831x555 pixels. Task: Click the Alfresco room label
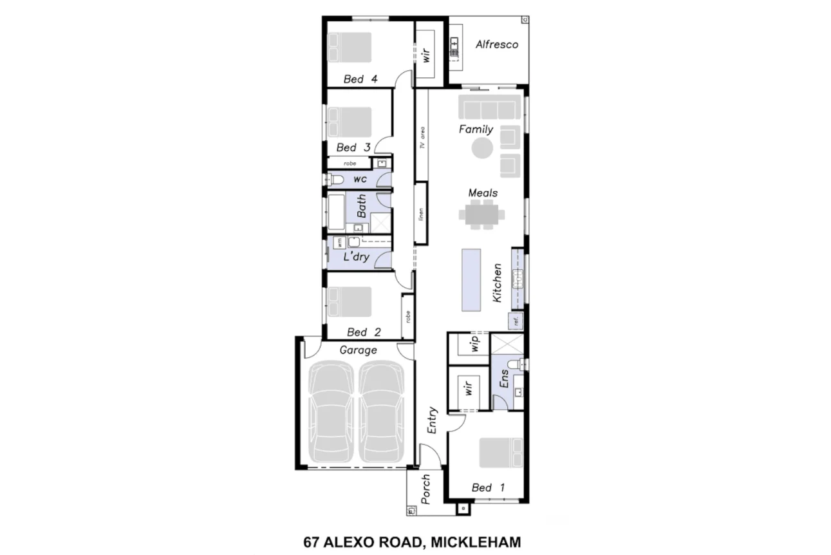click(x=496, y=44)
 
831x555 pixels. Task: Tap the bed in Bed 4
click(x=351, y=48)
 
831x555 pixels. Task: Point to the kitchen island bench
click(x=471, y=279)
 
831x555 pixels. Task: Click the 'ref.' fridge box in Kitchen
click(x=516, y=320)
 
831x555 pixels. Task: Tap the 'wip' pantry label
click(x=475, y=343)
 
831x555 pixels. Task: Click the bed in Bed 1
click(x=501, y=453)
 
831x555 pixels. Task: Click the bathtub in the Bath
click(x=336, y=211)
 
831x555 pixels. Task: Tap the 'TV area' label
click(x=422, y=137)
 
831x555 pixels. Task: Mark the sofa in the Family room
click(x=489, y=106)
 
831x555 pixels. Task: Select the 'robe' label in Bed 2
click(x=407, y=317)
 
